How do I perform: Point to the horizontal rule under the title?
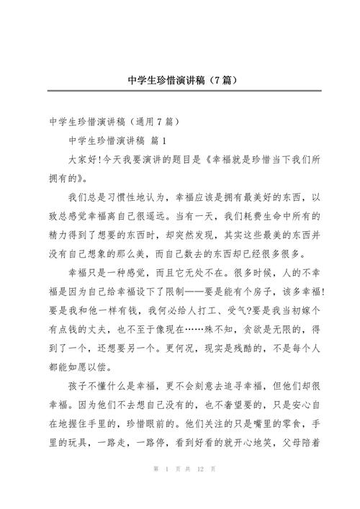(179, 91)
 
